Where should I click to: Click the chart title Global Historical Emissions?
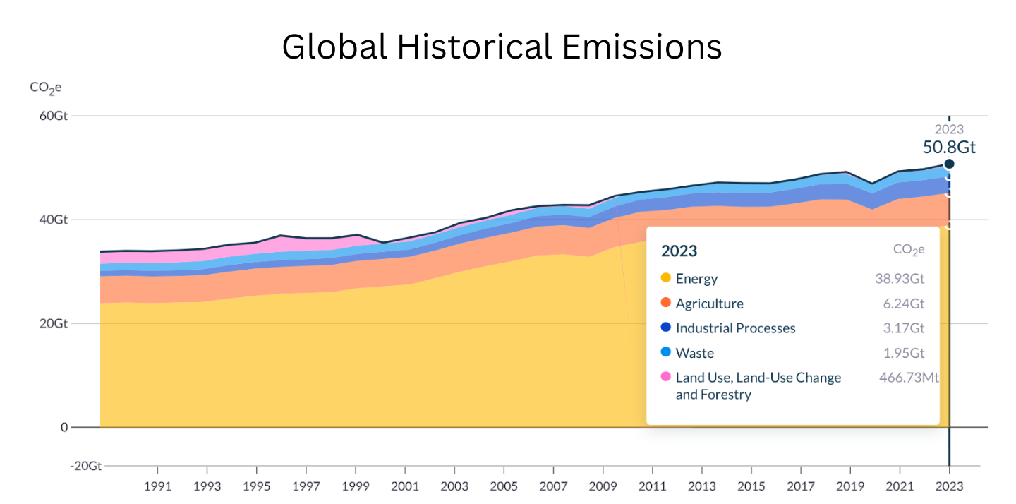(x=502, y=47)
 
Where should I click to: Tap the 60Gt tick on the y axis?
(x=53, y=116)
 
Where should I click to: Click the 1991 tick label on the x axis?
(x=157, y=486)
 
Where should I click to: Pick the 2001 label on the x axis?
(x=404, y=486)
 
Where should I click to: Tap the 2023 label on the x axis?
(x=949, y=486)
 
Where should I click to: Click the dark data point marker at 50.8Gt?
(x=949, y=164)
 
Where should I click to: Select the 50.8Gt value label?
(x=949, y=148)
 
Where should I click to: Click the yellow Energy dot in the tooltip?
(x=665, y=278)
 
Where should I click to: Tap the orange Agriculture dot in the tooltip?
(x=665, y=304)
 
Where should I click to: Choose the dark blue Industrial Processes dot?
(x=665, y=328)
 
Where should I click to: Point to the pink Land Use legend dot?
(x=665, y=378)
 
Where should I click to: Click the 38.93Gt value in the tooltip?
(x=900, y=279)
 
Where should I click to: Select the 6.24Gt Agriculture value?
(x=903, y=304)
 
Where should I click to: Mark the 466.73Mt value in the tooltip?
(x=908, y=378)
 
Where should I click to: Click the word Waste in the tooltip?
(x=694, y=353)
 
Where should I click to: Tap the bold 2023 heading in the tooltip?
(x=679, y=251)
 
